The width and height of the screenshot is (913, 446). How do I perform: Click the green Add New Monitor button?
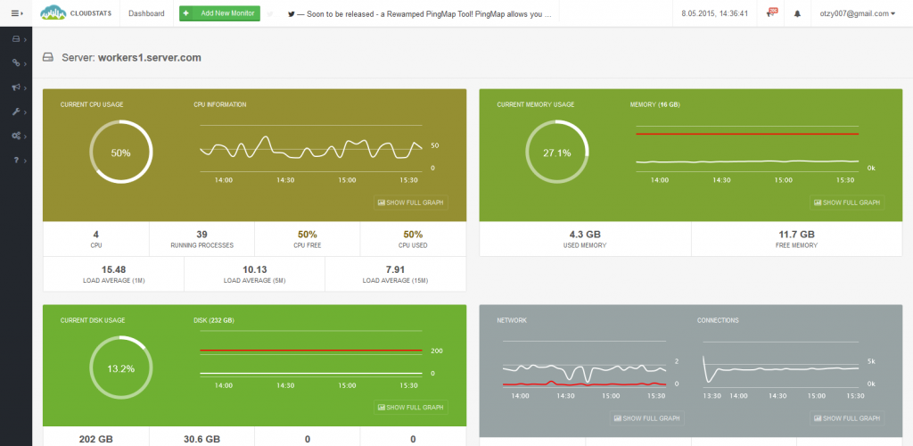click(219, 13)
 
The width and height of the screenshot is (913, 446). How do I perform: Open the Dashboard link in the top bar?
click(146, 13)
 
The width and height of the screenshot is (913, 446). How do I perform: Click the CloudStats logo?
click(78, 13)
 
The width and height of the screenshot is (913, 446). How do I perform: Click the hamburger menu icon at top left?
click(16, 13)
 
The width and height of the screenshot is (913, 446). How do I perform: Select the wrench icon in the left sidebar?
click(16, 111)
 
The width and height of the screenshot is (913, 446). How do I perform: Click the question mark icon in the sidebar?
click(16, 160)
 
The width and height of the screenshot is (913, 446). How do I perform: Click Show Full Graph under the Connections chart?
click(847, 418)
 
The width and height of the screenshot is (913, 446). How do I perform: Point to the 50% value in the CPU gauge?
click(120, 153)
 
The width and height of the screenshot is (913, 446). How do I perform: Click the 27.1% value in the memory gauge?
click(556, 153)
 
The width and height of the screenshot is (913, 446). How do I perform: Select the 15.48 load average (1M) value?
click(113, 269)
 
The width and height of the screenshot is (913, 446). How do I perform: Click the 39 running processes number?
click(202, 235)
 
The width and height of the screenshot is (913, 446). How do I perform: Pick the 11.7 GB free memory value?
click(796, 235)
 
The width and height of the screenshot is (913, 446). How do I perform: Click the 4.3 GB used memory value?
click(585, 235)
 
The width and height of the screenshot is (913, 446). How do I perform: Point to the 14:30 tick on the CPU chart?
click(285, 180)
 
